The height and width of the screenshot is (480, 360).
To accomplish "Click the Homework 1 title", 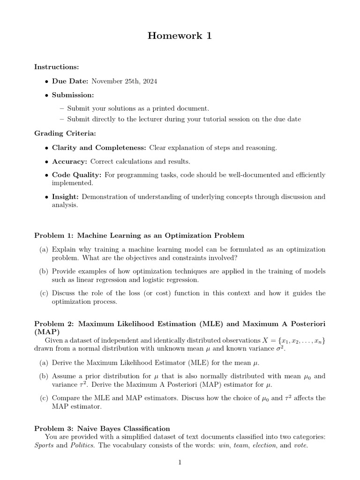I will pyautogui.click(x=180, y=36).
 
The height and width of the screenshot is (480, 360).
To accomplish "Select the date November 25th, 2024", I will pyautogui.click(x=124, y=81).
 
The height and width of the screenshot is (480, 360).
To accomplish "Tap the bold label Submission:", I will pyautogui.click(x=73, y=95).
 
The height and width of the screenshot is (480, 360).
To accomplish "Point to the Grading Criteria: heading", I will pyautogui.click(x=65, y=134).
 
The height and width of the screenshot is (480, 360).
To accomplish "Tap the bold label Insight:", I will pyautogui.click(x=66, y=197).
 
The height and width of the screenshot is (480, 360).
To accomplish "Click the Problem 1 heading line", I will pyautogui.click(x=139, y=235).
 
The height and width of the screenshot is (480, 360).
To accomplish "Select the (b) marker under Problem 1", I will pyautogui.click(x=44, y=271).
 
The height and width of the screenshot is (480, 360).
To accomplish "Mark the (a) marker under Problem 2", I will pyautogui.click(x=44, y=363).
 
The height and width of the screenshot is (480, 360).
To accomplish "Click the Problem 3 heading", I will pyautogui.click(x=102, y=428).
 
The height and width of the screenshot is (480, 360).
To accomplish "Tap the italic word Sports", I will pyautogui.click(x=44, y=445).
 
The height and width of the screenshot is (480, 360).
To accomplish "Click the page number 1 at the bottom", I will pyautogui.click(x=180, y=463).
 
